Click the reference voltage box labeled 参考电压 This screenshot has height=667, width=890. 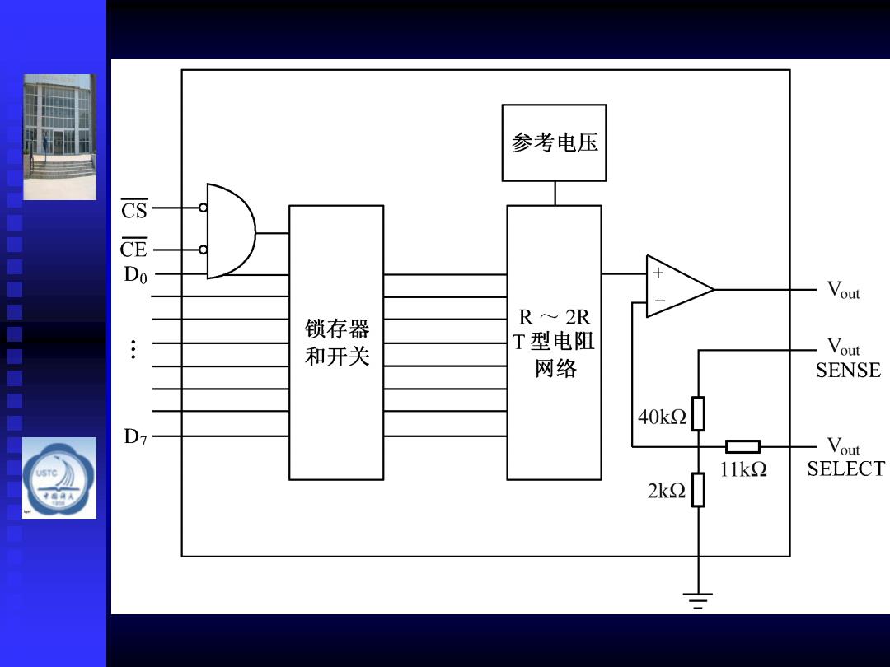pyautogui.click(x=554, y=142)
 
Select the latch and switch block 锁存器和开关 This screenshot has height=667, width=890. pyautogui.click(x=336, y=343)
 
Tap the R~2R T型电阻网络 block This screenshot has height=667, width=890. pyautogui.click(x=554, y=343)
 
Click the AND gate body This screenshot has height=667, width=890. pyautogui.click(x=231, y=231)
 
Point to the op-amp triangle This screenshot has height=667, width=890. pyautogui.click(x=679, y=287)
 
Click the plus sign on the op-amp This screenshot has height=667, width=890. pyautogui.click(x=658, y=273)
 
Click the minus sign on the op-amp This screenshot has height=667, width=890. pyautogui.click(x=659, y=300)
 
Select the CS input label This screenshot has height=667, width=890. pyautogui.click(x=134, y=209)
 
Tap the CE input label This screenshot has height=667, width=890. pyautogui.click(x=134, y=248)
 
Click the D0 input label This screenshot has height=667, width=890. pyautogui.click(x=136, y=274)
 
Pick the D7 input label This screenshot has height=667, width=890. pyautogui.click(x=136, y=436)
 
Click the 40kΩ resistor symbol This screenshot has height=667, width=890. pyautogui.click(x=698, y=413)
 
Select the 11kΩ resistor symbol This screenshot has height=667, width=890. pyautogui.click(x=743, y=446)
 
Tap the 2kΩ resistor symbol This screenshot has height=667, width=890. pyautogui.click(x=698, y=489)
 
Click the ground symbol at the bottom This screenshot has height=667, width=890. pyautogui.click(x=698, y=600)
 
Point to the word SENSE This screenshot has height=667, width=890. pyautogui.click(x=848, y=371)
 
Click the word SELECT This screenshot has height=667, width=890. pyautogui.click(x=845, y=469)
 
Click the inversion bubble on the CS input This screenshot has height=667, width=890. pyautogui.click(x=204, y=208)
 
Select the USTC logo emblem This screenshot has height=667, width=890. pyautogui.click(x=59, y=478)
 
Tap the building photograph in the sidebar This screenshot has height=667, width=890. pyautogui.click(x=59, y=137)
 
